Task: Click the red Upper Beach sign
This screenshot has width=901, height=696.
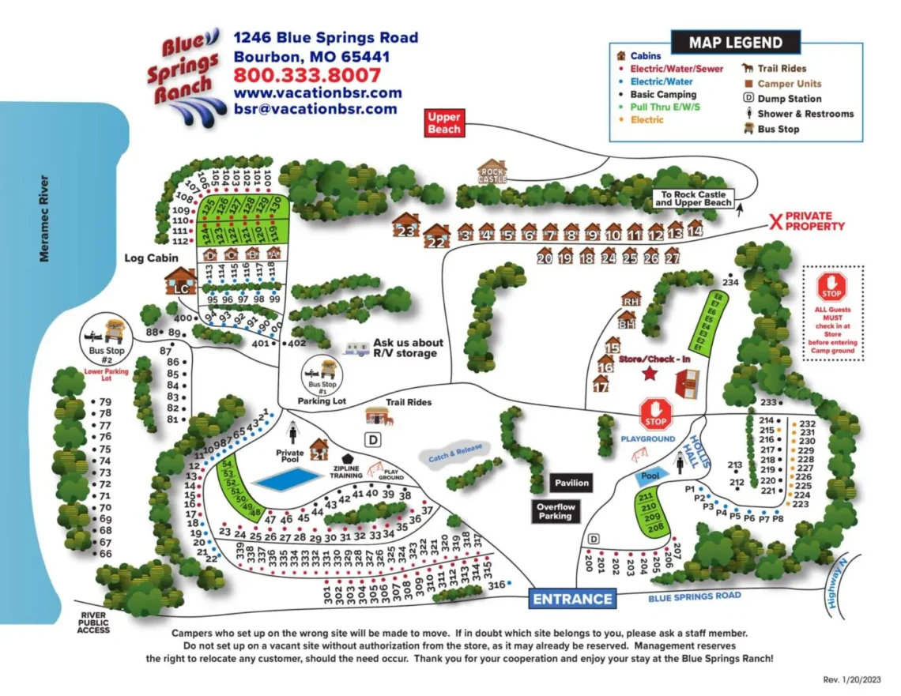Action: tap(443, 123)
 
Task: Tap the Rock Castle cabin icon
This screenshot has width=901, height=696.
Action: tap(491, 171)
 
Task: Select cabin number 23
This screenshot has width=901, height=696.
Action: tap(406, 227)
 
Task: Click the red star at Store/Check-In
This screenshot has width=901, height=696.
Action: tap(650, 374)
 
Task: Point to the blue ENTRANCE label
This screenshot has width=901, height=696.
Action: tap(572, 599)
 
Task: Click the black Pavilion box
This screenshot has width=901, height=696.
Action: tap(571, 483)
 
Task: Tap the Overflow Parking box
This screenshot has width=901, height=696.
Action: tap(555, 511)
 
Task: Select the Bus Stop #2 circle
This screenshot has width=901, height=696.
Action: tap(109, 340)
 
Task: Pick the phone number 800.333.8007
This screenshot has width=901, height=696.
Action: tap(307, 76)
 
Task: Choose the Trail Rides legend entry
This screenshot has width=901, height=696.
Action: tap(775, 69)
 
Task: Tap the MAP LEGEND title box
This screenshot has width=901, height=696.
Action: tap(735, 43)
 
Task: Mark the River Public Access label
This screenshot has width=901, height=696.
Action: tap(94, 623)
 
